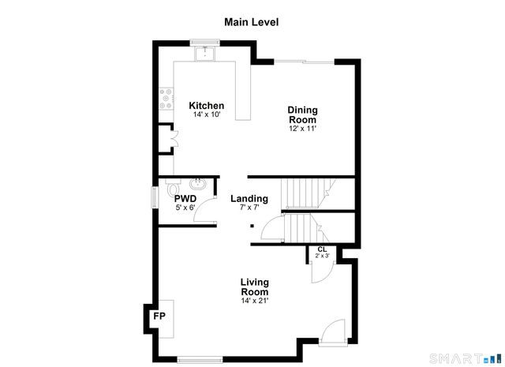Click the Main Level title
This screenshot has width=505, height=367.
click(x=252, y=22)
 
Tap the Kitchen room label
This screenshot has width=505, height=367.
click(x=207, y=106)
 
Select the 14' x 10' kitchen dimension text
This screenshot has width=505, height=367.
click(x=207, y=115)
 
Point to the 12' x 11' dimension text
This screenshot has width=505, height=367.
click(x=301, y=129)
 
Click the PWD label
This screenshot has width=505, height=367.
click(x=185, y=199)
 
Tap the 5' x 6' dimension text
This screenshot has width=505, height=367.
click(x=185, y=208)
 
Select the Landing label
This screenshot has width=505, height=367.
click(x=249, y=199)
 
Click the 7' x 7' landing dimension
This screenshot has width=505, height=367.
click(x=249, y=208)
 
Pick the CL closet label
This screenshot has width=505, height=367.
click(x=322, y=249)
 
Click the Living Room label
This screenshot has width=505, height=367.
click(x=254, y=286)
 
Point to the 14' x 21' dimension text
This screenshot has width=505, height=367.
click(x=254, y=301)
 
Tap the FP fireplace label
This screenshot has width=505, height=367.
click(x=159, y=316)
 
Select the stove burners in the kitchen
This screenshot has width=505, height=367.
click(x=166, y=98)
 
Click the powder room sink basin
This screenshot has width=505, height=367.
click(x=197, y=186)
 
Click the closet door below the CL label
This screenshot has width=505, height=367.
click(x=318, y=270)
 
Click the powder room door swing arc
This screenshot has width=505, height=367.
click(x=207, y=207)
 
